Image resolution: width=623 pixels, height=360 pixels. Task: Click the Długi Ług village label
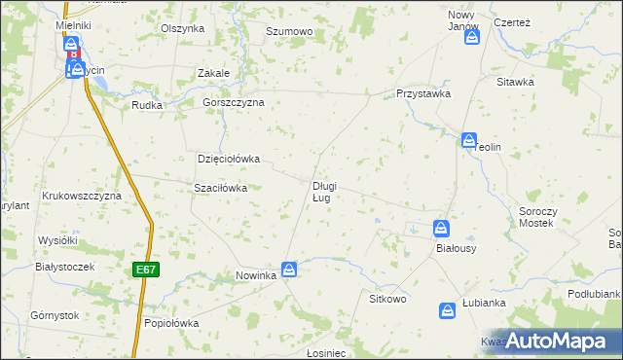pyautogui.click(x=324, y=192)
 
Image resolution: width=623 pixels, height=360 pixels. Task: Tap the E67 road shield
pyautogui.click(x=145, y=269)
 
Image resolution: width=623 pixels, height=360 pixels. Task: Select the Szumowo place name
pyautogui.click(x=289, y=32)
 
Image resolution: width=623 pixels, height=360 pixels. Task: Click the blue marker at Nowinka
pyautogui.click(x=289, y=269)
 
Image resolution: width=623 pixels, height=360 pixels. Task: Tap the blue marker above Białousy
pyautogui.click(x=441, y=228)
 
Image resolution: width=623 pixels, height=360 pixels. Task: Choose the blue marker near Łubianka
pyautogui.click(x=448, y=310)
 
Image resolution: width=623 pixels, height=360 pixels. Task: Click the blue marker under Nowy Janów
pyautogui.click(x=472, y=37)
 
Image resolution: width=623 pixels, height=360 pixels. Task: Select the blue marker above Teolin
pyautogui.click(x=469, y=140)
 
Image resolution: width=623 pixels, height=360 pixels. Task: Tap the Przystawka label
pyautogui.click(x=422, y=93)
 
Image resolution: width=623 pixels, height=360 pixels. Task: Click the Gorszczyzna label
pyautogui.click(x=234, y=102)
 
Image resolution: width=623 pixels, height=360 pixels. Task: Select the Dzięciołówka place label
pyautogui.click(x=229, y=159)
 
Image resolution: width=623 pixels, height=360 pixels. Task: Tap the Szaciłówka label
pyautogui.click(x=221, y=188)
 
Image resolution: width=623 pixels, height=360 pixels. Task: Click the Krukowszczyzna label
pyautogui.click(x=81, y=196)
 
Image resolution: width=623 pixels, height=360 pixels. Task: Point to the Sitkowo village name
pyautogui.click(x=387, y=299)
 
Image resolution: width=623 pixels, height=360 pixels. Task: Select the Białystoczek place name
pyautogui.click(x=63, y=267)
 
